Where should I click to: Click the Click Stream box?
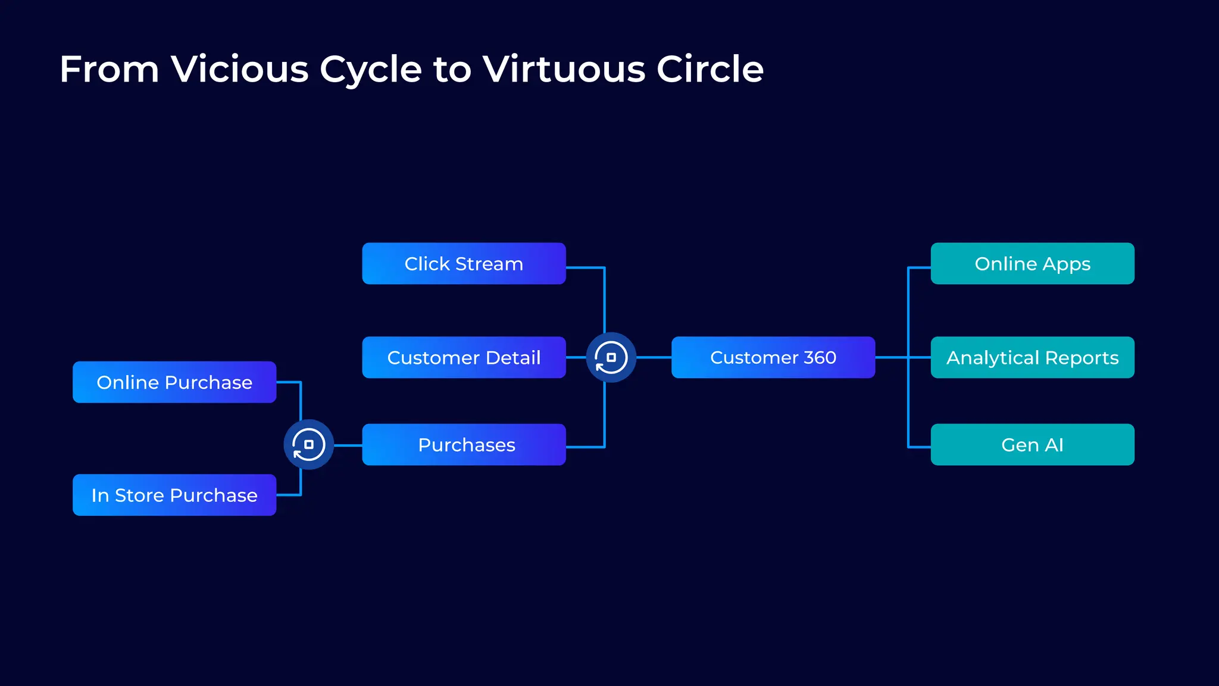[x=464, y=263]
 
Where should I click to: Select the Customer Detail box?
[x=464, y=357]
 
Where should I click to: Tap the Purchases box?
[x=464, y=444]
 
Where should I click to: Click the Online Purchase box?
[x=174, y=382]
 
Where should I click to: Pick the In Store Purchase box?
[x=174, y=495]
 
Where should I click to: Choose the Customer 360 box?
[x=773, y=357]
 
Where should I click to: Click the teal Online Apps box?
[x=1032, y=263]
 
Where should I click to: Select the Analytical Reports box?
[x=1032, y=357]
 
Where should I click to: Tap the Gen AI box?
[x=1032, y=444]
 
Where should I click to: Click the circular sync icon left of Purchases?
[x=308, y=444]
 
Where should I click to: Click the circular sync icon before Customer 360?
[x=611, y=357]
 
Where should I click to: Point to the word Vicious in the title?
[x=240, y=69]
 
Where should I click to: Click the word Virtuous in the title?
[x=564, y=69]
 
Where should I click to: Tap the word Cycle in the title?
[x=370, y=70]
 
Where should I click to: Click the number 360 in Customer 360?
[x=820, y=357]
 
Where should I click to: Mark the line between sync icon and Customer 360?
[x=654, y=357]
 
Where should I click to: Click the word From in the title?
[x=109, y=69]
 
